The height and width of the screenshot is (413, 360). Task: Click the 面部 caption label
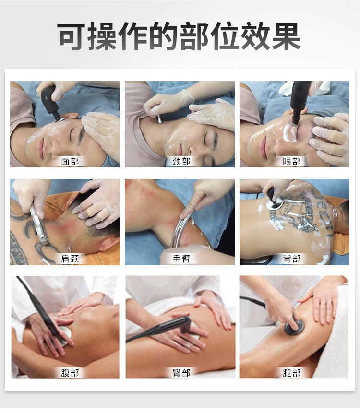70,161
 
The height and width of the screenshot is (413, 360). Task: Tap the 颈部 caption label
181,161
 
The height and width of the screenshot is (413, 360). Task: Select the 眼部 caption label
291,161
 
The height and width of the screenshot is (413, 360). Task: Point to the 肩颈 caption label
70,259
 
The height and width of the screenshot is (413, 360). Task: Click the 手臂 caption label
181,259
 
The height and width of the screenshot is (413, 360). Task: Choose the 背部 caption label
291,259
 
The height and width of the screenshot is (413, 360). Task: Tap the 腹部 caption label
70,373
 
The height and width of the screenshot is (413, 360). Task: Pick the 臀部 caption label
181,373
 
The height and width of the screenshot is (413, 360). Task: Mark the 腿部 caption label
291,373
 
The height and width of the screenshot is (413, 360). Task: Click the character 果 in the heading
287,36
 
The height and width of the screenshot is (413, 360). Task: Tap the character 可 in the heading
72,36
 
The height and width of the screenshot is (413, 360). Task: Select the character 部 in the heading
194,36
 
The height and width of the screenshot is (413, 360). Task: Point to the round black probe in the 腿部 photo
294,327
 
